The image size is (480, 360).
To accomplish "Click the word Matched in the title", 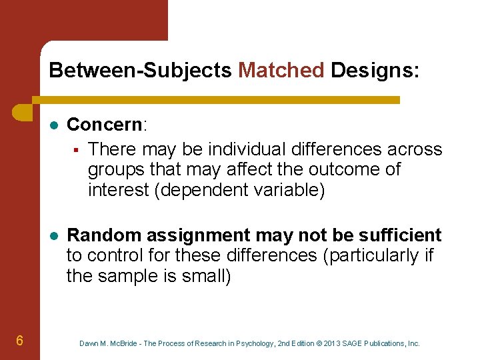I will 281,70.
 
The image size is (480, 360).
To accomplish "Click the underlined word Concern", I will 105,125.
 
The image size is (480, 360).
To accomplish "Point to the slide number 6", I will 20,341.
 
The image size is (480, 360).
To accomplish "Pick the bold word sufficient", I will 402,235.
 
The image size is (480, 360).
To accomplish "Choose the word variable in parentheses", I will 287,190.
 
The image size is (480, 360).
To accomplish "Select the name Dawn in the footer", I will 89,343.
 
